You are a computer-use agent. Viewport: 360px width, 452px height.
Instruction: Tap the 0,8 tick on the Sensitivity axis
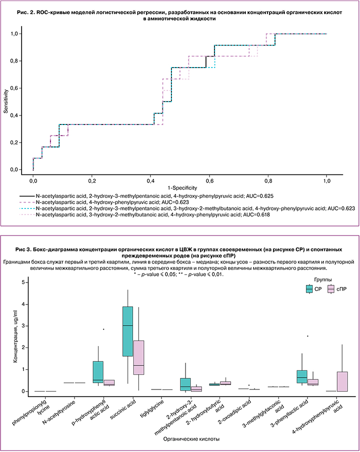(x=19, y=61)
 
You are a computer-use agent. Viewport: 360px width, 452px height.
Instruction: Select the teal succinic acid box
(x=127, y=331)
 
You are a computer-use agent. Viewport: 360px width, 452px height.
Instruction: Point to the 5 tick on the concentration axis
(x=22, y=282)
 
